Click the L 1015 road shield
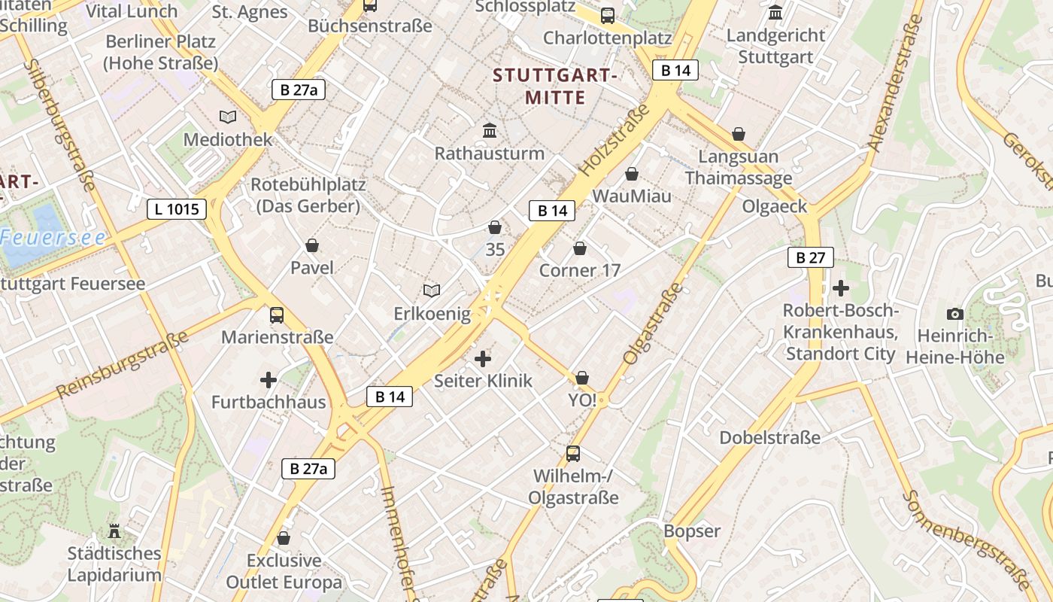tap(177, 208)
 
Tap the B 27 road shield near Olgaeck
tap(811, 257)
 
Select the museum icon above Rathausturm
tap(490, 130)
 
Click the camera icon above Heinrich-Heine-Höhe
tap(955, 314)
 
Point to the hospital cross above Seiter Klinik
tap(483, 359)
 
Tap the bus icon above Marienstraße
tap(277, 315)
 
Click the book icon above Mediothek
tap(228, 117)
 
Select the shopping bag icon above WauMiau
tap(632, 174)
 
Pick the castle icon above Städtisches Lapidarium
tap(114, 531)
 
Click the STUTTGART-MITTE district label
tap(555, 87)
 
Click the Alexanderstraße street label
tap(894, 84)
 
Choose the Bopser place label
tap(692, 531)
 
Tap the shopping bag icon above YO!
tap(582, 378)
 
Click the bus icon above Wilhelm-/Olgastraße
tap(573, 453)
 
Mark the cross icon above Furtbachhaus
tap(269, 380)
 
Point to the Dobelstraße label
tap(769, 437)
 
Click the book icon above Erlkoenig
tap(432, 290)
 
